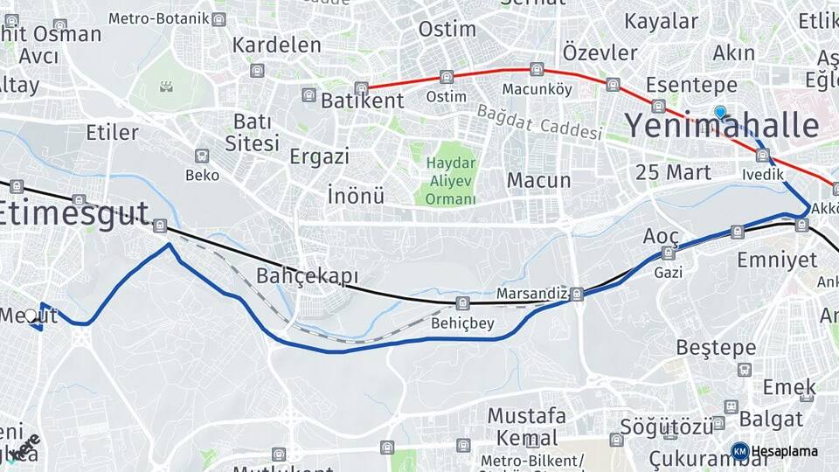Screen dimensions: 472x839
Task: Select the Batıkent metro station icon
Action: (309, 94)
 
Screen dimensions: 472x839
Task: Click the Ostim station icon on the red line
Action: (447, 77)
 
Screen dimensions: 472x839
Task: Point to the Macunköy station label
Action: (537, 89)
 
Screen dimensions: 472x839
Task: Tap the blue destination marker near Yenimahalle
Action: (720, 112)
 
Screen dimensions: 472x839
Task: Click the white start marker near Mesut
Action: (31, 316)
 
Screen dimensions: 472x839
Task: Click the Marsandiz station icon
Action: (577, 294)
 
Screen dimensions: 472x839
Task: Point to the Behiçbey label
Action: (462, 323)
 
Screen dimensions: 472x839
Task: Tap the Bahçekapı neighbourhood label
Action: (308, 277)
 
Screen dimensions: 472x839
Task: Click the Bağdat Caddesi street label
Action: (539, 122)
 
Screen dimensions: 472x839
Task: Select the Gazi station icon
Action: (669, 253)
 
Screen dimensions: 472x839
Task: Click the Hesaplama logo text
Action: (784, 452)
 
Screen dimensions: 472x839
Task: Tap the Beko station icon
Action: (202, 156)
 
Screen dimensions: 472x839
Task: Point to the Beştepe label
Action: (716, 348)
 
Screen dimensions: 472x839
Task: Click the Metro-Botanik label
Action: (171, 18)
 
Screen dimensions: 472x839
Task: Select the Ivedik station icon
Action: (762, 156)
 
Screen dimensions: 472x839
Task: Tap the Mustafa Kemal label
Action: (526, 427)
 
